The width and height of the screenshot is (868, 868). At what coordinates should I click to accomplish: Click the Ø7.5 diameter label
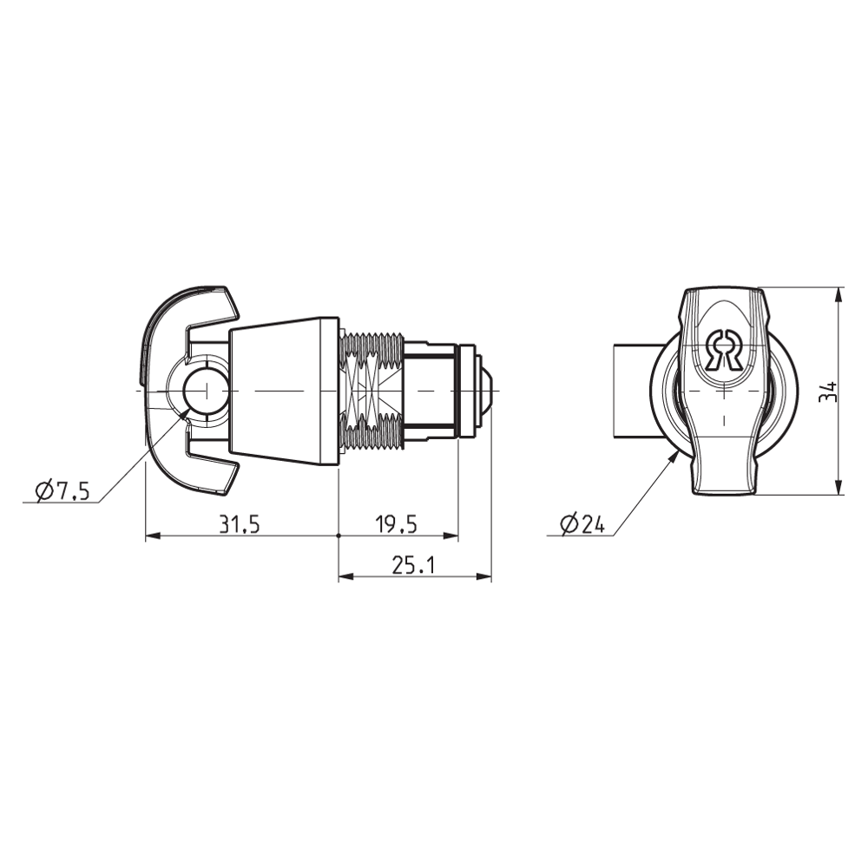(x=62, y=491)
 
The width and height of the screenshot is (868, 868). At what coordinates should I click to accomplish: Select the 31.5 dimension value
(x=240, y=524)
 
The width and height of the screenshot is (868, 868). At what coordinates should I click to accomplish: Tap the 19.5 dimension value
(x=396, y=524)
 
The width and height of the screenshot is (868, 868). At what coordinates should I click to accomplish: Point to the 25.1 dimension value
(x=413, y=565)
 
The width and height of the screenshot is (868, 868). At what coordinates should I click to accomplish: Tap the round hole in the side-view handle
(x=207, y=391)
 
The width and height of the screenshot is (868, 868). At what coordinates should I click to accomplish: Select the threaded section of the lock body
(x=372, y=391)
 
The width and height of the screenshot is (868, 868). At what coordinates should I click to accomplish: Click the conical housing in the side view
(x=282, y=391)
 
